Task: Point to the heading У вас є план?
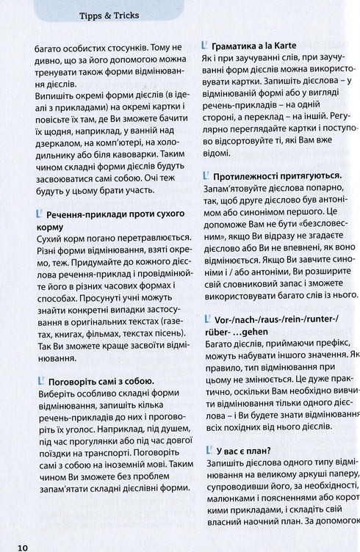pyautogui.click(x=245, y=451)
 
